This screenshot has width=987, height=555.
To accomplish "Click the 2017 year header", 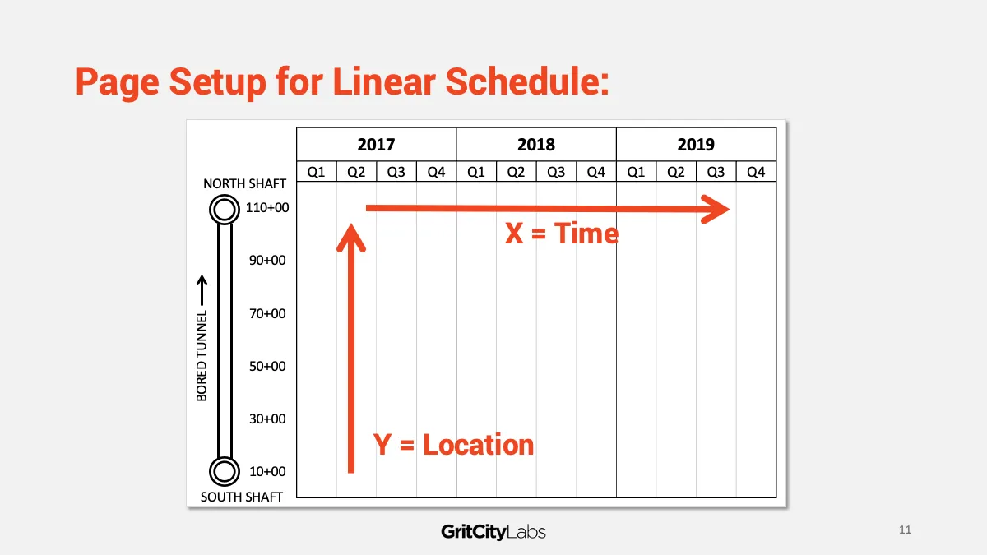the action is (x=377, y=145).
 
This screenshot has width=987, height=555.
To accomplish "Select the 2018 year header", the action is (x=535, y=145).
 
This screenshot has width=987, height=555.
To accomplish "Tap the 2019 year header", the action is (x=696, y=145).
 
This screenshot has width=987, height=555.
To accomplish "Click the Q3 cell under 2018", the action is (x=556, y=172).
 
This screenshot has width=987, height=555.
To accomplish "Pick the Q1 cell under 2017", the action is (x=317, y=172).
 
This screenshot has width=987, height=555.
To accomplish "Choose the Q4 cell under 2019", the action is (x=756, y=172).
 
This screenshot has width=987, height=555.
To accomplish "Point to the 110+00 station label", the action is (x=267, y=207).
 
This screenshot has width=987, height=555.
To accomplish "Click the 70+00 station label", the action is (x=267, y=313).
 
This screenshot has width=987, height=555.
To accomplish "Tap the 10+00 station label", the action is (x=267, y=471).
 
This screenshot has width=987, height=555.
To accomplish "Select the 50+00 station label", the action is (x=267, y=366).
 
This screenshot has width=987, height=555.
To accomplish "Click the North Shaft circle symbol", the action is (x=225, y=197).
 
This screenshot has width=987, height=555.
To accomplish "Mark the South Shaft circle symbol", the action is (x=225, y=459).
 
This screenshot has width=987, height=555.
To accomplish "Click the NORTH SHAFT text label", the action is (x=244, y=183).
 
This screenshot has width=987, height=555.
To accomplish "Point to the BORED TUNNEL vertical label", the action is (x=202, y=356).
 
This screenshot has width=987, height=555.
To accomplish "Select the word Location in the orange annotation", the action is (x=479, y=445).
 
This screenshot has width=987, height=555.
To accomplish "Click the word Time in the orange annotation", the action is (x=586, y=233).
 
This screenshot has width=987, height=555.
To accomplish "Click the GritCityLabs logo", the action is (x=493, y=532).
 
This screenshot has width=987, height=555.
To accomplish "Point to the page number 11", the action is (x=905, y=530).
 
